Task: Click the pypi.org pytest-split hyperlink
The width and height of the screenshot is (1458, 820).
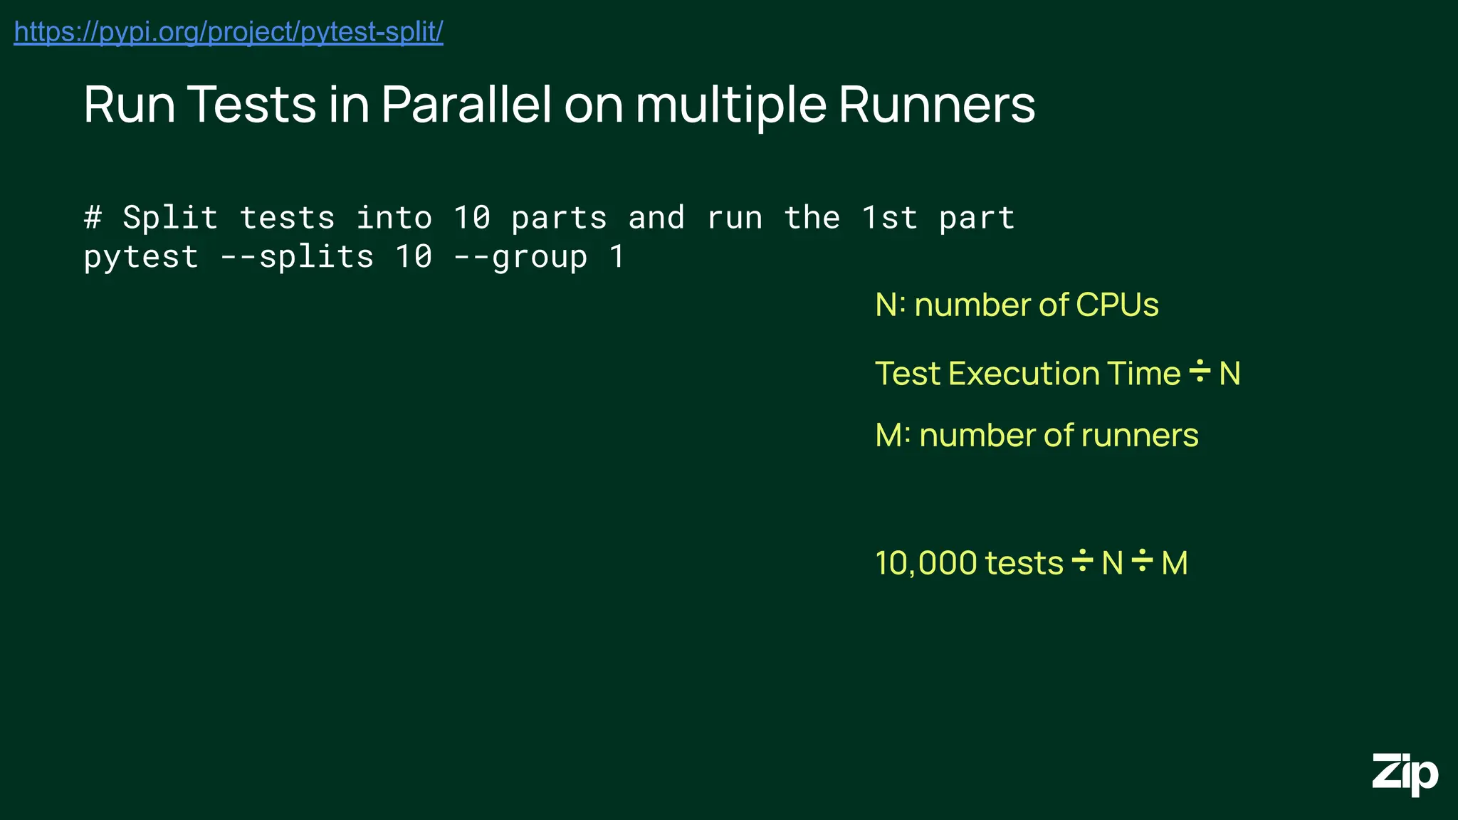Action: (229, 32)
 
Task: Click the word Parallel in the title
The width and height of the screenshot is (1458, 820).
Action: (466, 105)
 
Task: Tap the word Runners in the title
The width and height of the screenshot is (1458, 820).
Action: (936, 105)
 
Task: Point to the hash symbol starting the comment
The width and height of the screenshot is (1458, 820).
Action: (93, 217)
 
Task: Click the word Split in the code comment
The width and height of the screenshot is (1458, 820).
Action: (170, 217)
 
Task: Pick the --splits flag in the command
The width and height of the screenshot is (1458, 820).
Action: (297, 257)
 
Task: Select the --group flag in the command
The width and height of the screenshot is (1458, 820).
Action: (521, 257)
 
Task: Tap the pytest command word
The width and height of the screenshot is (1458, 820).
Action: (141, 257)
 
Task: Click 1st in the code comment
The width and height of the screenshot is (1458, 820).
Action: (889, 217)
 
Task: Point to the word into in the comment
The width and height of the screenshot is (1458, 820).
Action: (394, 217)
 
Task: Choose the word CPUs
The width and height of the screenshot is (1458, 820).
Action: (1117, 305)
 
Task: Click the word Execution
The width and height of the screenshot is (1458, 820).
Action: (1029, 374)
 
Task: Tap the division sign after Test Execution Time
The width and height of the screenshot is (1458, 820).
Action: (1200, 372)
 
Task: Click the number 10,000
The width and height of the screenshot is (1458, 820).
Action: (926, 563)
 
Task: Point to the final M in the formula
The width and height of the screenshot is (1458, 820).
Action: (1175, 563)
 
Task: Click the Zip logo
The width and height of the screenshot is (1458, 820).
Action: (1405, 774)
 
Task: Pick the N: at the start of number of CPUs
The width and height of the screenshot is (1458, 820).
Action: (890, 305)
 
